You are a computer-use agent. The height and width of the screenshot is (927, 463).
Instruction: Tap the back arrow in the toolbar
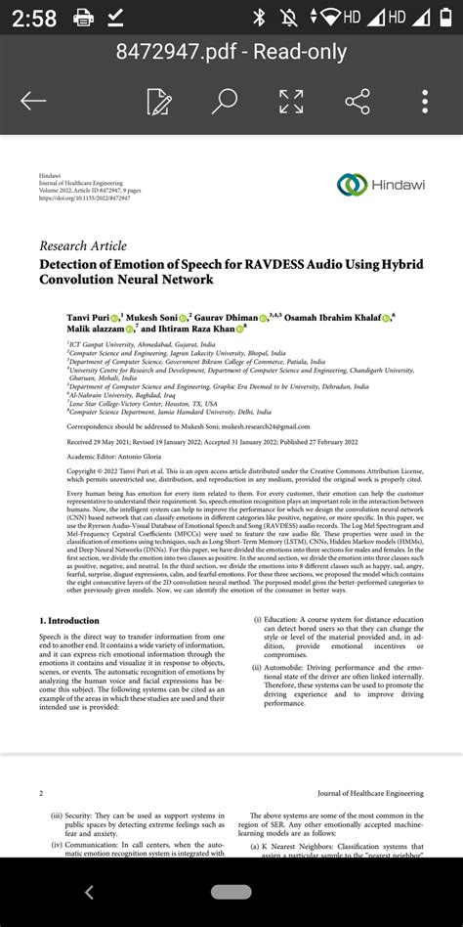click(33, 101)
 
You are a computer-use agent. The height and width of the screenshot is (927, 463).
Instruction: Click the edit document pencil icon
click(159, 101)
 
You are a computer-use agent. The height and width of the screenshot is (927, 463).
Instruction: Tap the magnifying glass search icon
click(225, 101)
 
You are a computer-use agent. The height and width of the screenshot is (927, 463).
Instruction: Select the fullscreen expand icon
click(291, 101)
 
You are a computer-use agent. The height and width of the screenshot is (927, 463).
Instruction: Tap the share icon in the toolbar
click(358, 101)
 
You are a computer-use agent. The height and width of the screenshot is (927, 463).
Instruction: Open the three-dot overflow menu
click(425, 101)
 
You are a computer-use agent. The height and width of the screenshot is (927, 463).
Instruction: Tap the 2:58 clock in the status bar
click(32, 18)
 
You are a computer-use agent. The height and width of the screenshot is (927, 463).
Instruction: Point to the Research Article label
click(83, 245)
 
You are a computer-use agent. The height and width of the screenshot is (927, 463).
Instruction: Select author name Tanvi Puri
click(88, 317)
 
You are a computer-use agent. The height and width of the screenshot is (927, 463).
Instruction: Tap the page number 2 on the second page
click(40, 793)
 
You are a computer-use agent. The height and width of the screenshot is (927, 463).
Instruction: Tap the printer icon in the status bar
click(83, 18)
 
